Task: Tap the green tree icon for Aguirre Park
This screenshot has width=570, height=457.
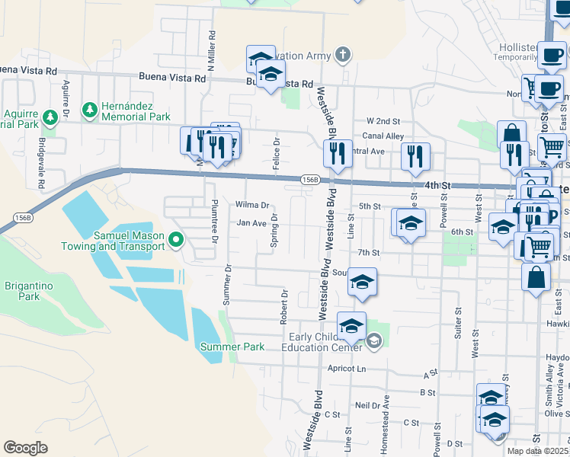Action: coord(50,117)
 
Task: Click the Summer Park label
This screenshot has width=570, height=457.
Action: coord(232,347)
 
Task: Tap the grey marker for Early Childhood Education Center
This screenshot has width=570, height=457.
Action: coord(373,340)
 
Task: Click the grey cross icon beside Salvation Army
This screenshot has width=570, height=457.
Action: coord(344,55)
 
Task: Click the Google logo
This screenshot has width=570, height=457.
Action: coord(25,448)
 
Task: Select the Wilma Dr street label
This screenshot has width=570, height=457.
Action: coord(252,205)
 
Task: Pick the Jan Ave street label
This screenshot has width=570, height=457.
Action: coord(251,223)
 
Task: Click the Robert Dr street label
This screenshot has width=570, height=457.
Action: coord(283,306)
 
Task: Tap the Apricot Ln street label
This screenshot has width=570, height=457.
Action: coord(345,368)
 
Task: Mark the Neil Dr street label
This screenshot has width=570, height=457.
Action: coord(367,406)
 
